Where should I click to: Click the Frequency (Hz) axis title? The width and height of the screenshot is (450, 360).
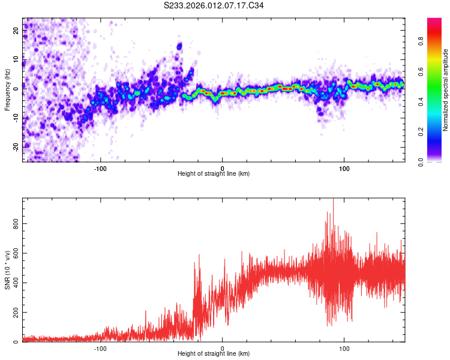(x=7, y=90)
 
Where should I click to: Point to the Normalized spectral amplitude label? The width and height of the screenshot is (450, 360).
(x=446, y=90)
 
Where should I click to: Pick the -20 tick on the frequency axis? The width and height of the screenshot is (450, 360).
(x=15, y=146)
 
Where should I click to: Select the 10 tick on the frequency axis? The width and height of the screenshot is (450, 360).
(x=16, y=58)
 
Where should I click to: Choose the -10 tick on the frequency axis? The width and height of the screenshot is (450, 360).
(x=15, y=116)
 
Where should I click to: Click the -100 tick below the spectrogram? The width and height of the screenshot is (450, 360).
(x=100, y=168)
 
